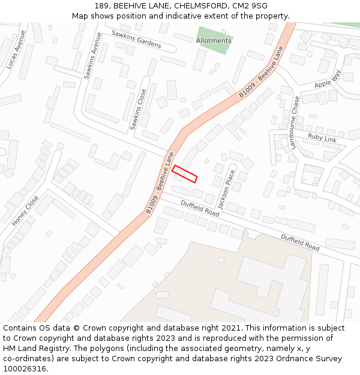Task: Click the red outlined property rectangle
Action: pos(185,174)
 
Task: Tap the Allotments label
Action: pos(214,41)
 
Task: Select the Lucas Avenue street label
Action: pos(16,49)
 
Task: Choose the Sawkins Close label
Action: pos(139,110)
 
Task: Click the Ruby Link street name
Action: pos(322,138)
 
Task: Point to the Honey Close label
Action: pos(25,211)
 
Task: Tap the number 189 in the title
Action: pos(102,6)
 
